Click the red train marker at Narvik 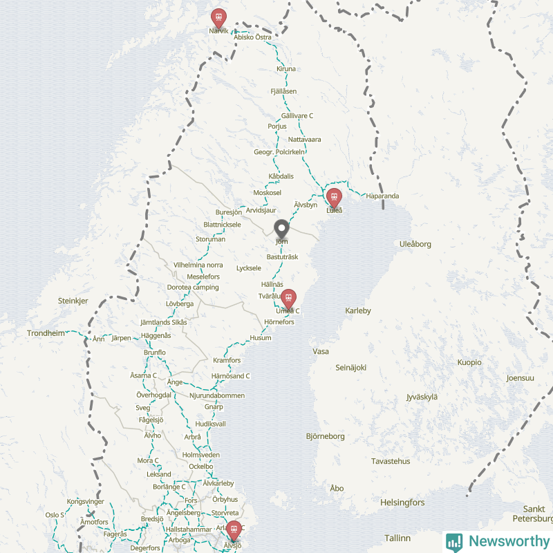click(x=218, y=17)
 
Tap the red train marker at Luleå click(x=334, y=198)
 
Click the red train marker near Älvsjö click(x=234, y=530)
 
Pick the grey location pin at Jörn click(x=281, y=229)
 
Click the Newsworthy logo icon click(x=454, y=541)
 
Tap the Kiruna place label click(x=285, y=69)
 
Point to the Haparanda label click(x=383, y=196)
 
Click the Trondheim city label click(x=46, y=333)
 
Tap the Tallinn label click(x=397, y=538)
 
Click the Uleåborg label click(x=415, y=244)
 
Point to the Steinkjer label click(x=73, y=301)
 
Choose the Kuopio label click(x=469, y=362)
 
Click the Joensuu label click(x=521, y=378)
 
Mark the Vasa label click(x=321, y=351)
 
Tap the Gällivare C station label click(x=297, y=115)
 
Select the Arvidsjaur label click(x=261, y=209)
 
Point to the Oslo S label click(x=55, y=515)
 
